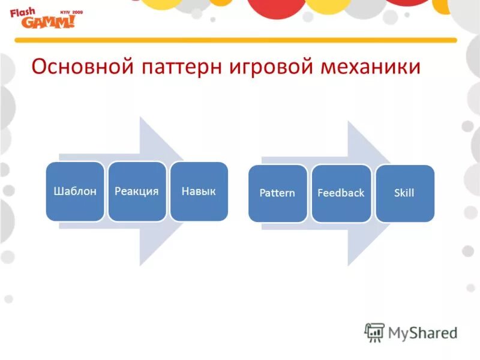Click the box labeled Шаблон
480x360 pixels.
pyautogui.click(x=75, y=191)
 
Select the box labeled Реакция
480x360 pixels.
pyautogui.click(x=137, y=191)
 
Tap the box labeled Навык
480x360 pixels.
pyautogui.click(x=199, y=191)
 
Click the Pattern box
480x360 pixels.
pyautogui.click(x=277, y=193)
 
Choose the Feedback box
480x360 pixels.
pyautogui.click(x=341, y=193)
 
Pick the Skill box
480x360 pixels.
pyautogui.click(x=404, y=193)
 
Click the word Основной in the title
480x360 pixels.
pyautogui.click(x=82, y=67)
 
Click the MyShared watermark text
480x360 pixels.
pyautogui.click(x=422, y=332)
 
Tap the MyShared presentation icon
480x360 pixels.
pyautogui.click(x=375, y=332)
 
